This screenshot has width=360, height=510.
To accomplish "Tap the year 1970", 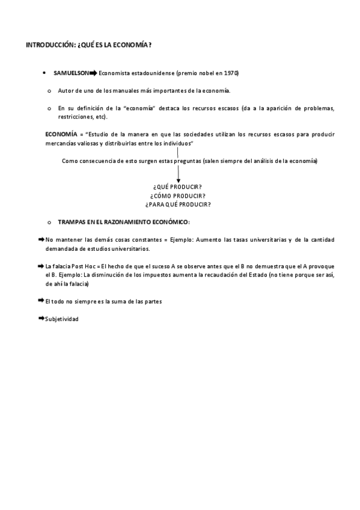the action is point(230,73).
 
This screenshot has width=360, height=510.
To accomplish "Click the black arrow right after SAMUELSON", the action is point(93,73).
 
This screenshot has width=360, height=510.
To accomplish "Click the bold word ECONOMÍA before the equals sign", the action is point(61,134).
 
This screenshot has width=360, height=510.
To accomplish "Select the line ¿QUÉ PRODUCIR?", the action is point(177,187).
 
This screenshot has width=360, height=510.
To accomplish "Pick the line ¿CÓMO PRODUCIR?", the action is point(177,196).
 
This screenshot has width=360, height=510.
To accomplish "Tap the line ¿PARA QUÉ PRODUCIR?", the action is point(177,204).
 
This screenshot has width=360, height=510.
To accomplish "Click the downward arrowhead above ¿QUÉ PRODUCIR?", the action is point(178,179).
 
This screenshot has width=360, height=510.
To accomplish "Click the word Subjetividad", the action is point(61,319).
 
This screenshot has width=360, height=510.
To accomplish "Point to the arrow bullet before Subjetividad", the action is point(41,318).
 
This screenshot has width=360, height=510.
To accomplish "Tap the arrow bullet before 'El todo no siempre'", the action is point(41,301).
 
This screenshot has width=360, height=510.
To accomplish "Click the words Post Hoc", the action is point(83,266).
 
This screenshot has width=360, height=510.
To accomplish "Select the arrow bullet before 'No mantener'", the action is point(41,239).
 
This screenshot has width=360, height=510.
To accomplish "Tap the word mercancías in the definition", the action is point(61,144).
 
